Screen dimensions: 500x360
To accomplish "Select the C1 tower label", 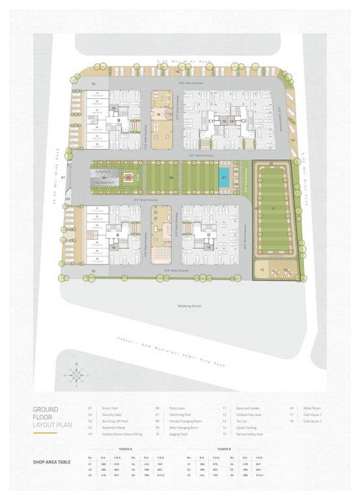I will (211, 121).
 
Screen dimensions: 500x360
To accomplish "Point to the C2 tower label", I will (243, 121).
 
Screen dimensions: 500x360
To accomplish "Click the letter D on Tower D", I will (208, 234).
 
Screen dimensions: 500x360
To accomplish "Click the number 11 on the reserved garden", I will (273, 208).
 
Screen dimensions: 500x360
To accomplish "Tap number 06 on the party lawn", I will (171, 176).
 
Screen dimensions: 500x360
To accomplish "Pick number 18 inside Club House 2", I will (158, 114).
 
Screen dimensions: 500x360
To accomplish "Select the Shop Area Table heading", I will (53, 463).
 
